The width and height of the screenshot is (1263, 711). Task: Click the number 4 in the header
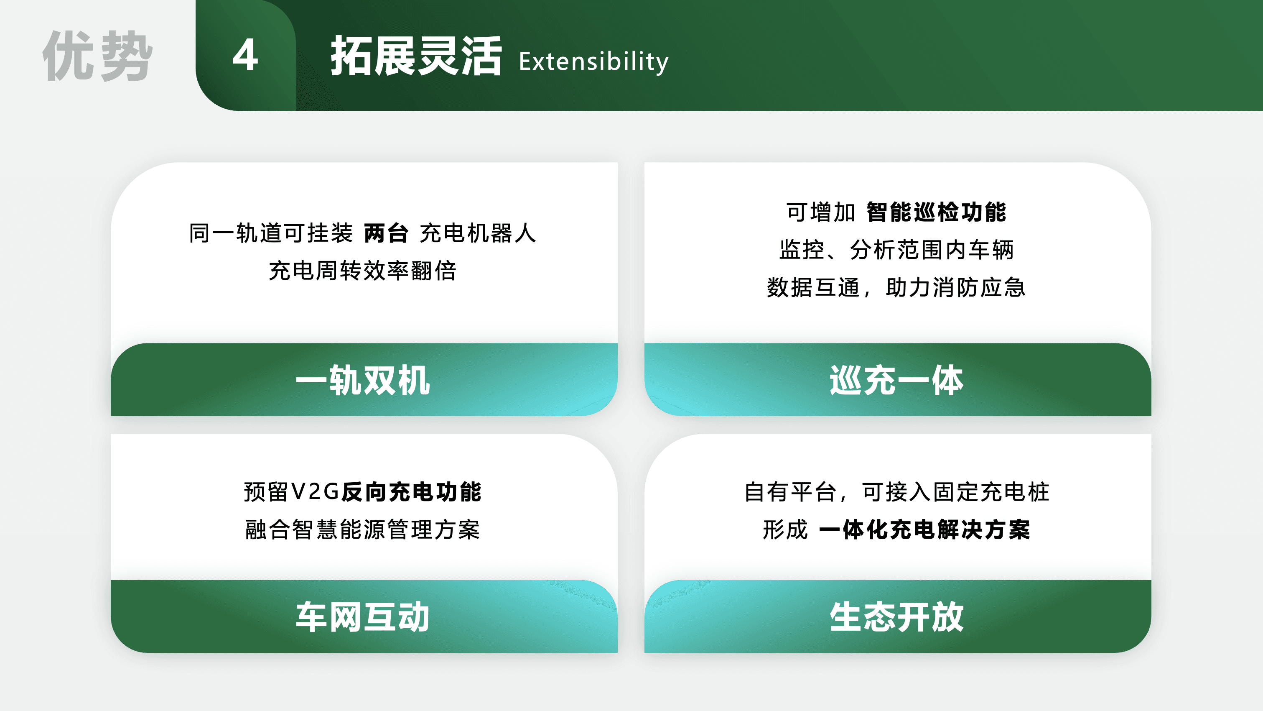pyautogui.click(x=245, y=55)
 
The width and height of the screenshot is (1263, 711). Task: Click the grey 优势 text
pyautogui.click(x=97, y=56)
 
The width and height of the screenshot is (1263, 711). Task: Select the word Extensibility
pyautogui.click(x=593, y=61)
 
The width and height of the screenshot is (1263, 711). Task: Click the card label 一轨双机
pyautogui.click(x=363, y=380)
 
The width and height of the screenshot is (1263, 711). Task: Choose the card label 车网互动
pyautogui.click(x=363, y=617)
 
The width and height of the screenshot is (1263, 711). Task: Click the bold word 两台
pyautogui.click(x=386, y=233)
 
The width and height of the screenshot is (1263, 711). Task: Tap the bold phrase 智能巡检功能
pyautogui.click(x=937, y=212)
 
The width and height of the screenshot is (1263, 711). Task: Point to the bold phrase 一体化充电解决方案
pyautogui.click(x=925, y=529)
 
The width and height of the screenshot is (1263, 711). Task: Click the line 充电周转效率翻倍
pyautogui.click(x=363, y=270)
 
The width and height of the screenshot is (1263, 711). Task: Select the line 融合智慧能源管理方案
pyautogui.click(x=363, y=529)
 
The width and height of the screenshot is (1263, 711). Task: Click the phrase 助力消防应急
pyautogui.click(x=955, y=287)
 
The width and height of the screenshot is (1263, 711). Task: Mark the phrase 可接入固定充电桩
pyautogui.click(x=955, y=492)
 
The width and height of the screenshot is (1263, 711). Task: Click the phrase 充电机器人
pyautogui.click(x=478, y=233)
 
